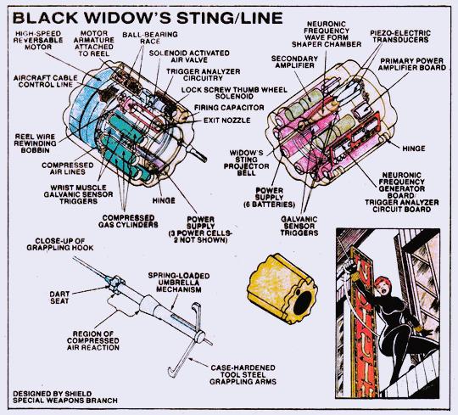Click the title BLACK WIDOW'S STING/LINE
tap(148, 19)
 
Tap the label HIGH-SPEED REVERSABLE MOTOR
tap(38, 40)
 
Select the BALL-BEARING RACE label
tap(150, 37)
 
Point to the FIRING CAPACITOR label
tap(229, 108)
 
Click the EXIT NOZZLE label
tap(226, 121)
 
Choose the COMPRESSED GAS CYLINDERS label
tap(128, 222)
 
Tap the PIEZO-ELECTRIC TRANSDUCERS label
tap(400, 36)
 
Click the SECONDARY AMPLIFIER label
tap(294, 62)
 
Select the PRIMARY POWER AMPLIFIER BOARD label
tap(412, 64)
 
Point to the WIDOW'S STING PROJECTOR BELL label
tap(246, 162)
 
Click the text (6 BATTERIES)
tap(269, 205)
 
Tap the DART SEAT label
tap(59, 297)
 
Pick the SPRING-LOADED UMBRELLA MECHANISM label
tap(179, 283)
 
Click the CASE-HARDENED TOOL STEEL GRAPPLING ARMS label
tap(243, 374)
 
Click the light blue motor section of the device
tap(82, 109)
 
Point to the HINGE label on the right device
tap(414, 149)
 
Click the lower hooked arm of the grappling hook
tap(179, 359)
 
